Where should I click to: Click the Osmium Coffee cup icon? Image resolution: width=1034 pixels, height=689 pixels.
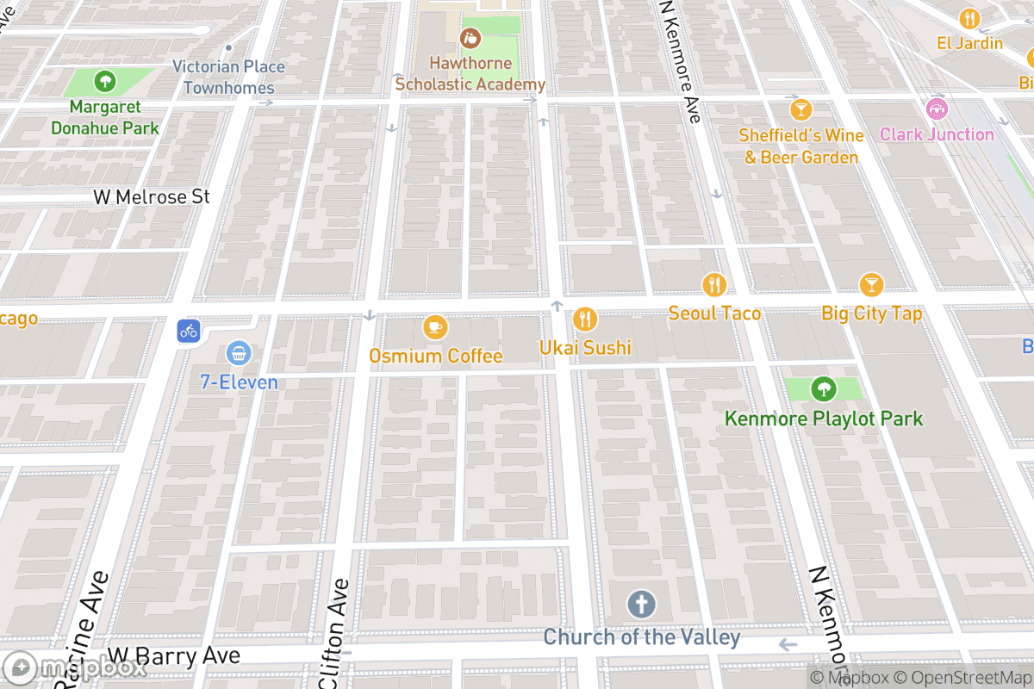435,327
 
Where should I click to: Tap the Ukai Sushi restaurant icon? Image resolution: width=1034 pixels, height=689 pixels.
585,320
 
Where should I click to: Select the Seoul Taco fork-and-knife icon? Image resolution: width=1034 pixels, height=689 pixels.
713,284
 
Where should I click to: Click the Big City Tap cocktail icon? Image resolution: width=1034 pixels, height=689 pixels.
871,284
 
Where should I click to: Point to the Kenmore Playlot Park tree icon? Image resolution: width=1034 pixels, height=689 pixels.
823,389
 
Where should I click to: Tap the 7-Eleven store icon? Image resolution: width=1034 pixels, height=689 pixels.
239,352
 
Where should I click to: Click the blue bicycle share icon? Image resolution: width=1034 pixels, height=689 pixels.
189,330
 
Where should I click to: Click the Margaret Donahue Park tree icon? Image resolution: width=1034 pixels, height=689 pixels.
104,82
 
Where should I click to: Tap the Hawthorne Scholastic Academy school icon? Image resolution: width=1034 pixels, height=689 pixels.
470,37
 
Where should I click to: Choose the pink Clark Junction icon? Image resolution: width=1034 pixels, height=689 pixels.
936,109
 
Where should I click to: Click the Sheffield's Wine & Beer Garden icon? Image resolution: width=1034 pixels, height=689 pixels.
801,109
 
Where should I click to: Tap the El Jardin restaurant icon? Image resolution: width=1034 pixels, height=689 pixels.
970,18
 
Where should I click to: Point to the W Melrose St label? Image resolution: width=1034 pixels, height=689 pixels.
152,197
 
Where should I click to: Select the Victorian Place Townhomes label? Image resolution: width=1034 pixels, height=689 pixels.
228,78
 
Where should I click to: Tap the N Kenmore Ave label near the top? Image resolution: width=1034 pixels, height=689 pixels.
680,60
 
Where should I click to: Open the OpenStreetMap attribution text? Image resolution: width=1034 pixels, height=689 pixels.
962,678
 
